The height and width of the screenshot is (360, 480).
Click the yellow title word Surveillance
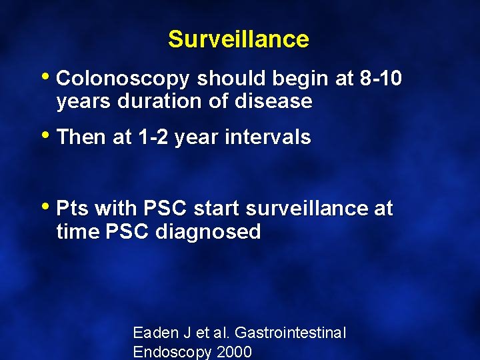(x=239, y=39)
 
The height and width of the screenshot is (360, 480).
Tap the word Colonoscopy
(x=124, y=79)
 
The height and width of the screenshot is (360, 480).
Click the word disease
(x=274, y=101)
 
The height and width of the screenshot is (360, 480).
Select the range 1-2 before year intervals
(x=151, y=137)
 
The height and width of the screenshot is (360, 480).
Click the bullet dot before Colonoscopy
(x=49, y=76)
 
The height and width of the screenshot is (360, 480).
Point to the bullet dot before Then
(x=49, y=134)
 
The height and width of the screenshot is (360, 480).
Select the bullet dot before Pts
(x=49, y=206)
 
